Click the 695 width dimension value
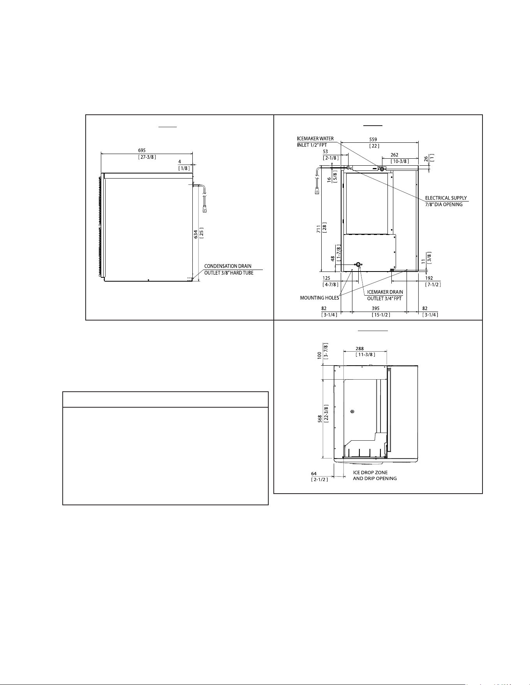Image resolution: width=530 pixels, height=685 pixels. click(x=142, y=151)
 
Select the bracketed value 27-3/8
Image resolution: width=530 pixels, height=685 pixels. click(x=147, y=157)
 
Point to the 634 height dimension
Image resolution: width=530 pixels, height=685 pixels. click(x=196, y=234)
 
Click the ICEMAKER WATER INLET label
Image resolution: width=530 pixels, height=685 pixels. click(x=315, y=142)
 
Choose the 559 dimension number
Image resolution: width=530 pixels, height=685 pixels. click(x=373, y=139)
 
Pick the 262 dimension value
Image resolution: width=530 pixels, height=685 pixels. click(x=394, y=155)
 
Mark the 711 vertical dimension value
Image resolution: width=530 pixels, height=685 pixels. click(x=319, y=229)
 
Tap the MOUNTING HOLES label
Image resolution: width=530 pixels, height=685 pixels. click(x=319, y=298)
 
